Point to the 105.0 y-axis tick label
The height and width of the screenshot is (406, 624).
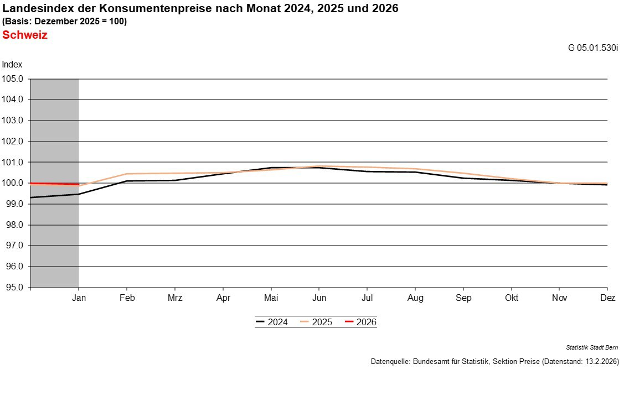click(13, 79)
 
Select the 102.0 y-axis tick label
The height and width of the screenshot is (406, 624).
click(13, 142)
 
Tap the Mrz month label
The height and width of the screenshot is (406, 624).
click(174, 298)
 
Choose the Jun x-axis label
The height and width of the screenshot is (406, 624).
click(319, 298)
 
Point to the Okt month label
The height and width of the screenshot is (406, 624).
click(511, 298)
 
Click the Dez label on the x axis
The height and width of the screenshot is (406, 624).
click(607, 298)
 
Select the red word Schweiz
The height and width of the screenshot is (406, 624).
click(25, 35)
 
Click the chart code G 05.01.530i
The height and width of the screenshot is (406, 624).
click(592, 48)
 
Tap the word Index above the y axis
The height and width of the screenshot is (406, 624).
click(12, 65)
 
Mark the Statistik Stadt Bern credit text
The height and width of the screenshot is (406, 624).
click(592, 347)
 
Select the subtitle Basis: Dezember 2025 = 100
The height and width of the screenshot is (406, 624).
click(65, 22)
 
